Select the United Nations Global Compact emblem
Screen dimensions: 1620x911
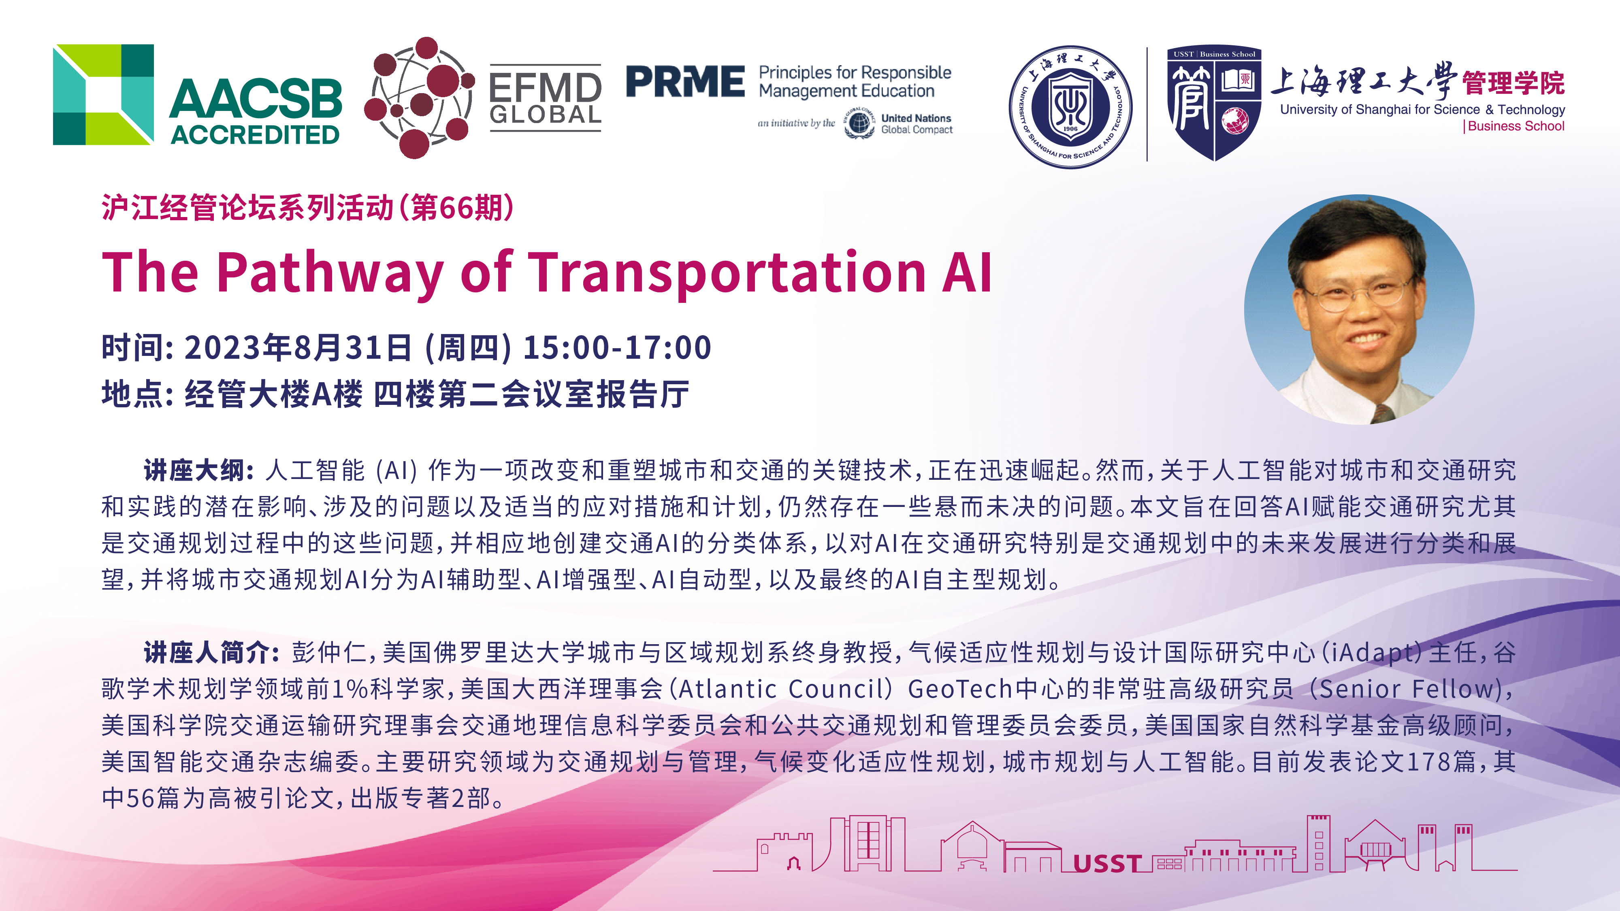[859, 123]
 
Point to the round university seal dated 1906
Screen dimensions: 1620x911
[1070, 107]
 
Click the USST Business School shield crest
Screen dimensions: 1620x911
[1214, 104]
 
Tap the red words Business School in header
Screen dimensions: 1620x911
[1516, 126]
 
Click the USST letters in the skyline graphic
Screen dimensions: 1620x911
[1107, 864]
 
